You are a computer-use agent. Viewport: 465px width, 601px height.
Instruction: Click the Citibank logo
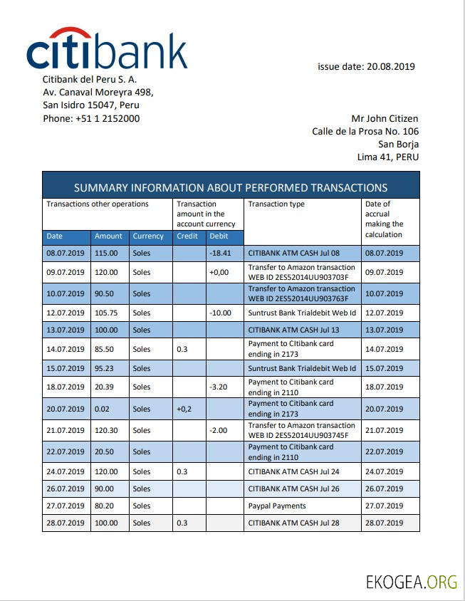pyautogui.click(x=107, y=49)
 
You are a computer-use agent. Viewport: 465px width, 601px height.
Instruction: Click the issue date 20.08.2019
pyautogui.click(x=366, y=67)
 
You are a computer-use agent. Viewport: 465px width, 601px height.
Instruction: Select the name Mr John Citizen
pyautogui.click(x=385, y=119)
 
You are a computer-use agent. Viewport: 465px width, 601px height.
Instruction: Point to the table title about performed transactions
pyautogui.click(x=231, y=188)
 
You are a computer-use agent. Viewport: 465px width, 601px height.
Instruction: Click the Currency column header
pyautogui.click(x=148, y=236)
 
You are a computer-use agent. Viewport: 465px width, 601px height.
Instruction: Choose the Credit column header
pyautogui.click(x=187, y=236)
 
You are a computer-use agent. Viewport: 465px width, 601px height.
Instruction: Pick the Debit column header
pyautogui.click(x=219, y=236)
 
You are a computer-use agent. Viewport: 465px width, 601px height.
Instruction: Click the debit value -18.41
pyautogui.click(x=221, y=254)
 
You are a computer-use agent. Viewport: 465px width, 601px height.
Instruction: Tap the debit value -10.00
pyautogui.click(x=221, y=313)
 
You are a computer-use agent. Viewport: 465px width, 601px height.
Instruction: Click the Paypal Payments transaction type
pyautogui.click(x=277, y=506)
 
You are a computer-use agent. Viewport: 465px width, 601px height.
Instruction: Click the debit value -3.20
pyautogui.click(x=219, y=387)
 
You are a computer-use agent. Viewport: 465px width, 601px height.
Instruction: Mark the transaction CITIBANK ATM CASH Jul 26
pyautogui.click(x=294, y=489)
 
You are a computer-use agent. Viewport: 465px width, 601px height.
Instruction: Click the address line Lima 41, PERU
pyautogui.click(x=388, y=157)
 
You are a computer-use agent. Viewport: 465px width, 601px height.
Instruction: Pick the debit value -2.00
pyautogui.click(x=219, y=431)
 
